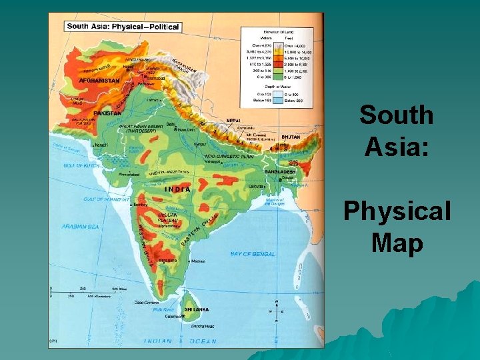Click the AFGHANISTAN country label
tap(99, 80)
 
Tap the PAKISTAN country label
tap(107, 113)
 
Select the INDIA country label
tap(177, 189)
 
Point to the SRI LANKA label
tap(197, 309)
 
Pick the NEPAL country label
tap(233, 121)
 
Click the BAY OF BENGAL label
tap(252, 254)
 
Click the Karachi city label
tap(101, 145)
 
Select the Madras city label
tap(197, 260)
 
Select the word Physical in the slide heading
tap(397, 212)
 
